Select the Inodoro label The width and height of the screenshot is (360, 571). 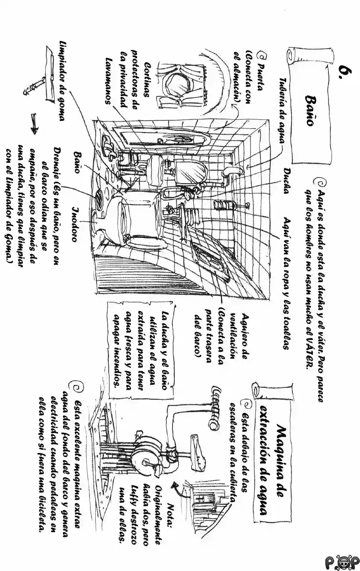point(75,223)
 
